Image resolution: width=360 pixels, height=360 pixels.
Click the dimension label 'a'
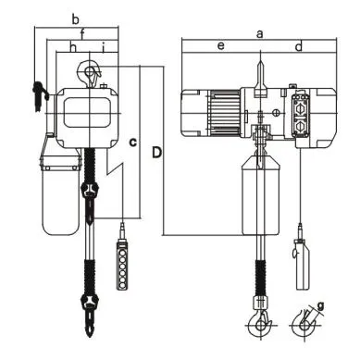point(260,33)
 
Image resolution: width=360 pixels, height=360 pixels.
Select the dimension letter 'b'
point(76,19)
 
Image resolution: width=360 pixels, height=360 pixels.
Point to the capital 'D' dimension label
point(158,151)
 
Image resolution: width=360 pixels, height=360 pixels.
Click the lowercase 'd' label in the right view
point(298,45)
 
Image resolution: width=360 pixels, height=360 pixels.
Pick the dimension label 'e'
point(220,45)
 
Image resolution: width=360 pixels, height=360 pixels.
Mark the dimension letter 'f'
point(82,34)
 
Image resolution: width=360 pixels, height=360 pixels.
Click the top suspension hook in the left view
point(92,70)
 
